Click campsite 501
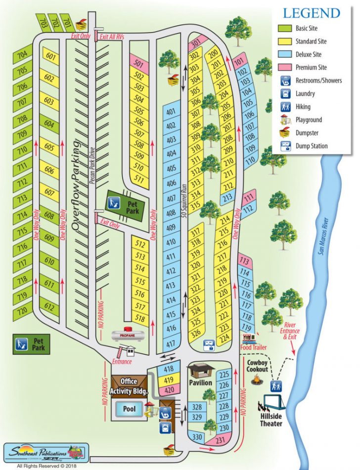click(139, 64)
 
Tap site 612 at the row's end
click(49, 307)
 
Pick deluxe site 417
click(171, 344)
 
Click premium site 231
click(220, 440)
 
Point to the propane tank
click(128, 335)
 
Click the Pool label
click(129, 408)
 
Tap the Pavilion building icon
click(200, 370)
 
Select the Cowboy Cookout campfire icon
click(256, 381)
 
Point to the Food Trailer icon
click(250, 339)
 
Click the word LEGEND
click(311, 13)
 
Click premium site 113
click(244, 261)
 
